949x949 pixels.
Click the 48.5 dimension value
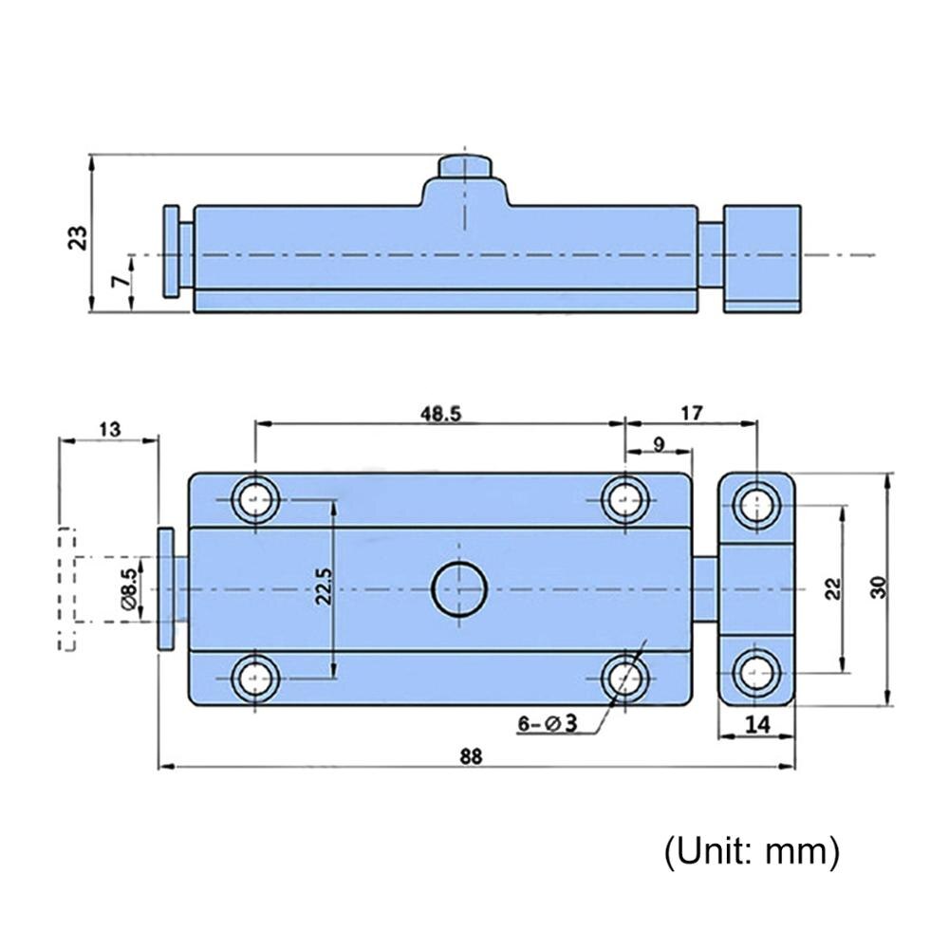click(440, 414)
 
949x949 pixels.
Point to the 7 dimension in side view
click(117, 282)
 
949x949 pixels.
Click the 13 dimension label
click(108, 429)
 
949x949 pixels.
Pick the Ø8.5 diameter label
click(130, 588)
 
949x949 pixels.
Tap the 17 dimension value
click(693, 414)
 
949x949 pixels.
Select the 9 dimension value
click(659, 442)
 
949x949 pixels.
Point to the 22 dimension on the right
click(832, 588)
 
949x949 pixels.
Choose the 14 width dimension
click(756, 724)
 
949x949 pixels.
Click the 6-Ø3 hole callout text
click(548, 724)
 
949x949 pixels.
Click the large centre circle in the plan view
click(458, 590)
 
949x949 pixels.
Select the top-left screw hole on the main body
click(255, 498)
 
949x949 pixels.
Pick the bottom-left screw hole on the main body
click(255, 678)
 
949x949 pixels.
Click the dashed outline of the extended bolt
click(66, 588)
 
